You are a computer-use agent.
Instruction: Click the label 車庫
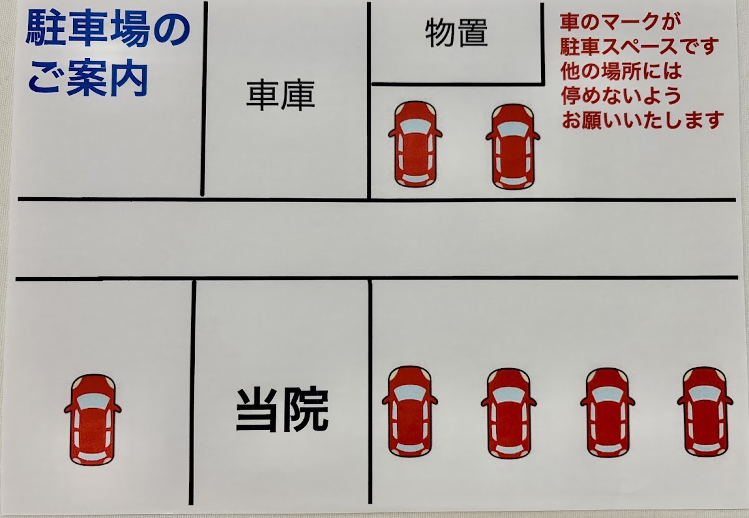coord(280,95)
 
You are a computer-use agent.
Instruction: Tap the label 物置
coord(456,33)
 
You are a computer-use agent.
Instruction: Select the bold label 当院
coord(282,411)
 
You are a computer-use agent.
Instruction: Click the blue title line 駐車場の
coord(107,31)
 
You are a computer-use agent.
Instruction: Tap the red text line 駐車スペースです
coord(639,47)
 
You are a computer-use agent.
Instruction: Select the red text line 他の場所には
coord(621,71)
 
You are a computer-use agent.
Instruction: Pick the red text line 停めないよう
coord(621,95)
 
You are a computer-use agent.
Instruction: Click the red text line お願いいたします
coord(643,120)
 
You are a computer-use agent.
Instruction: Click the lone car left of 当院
coord(92,419)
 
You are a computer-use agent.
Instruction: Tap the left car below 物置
coord(415,144)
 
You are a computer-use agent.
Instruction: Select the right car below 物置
coord(512,147)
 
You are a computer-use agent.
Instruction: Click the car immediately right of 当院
coord(410,412)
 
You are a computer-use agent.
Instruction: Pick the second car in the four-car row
coord(509,413)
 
